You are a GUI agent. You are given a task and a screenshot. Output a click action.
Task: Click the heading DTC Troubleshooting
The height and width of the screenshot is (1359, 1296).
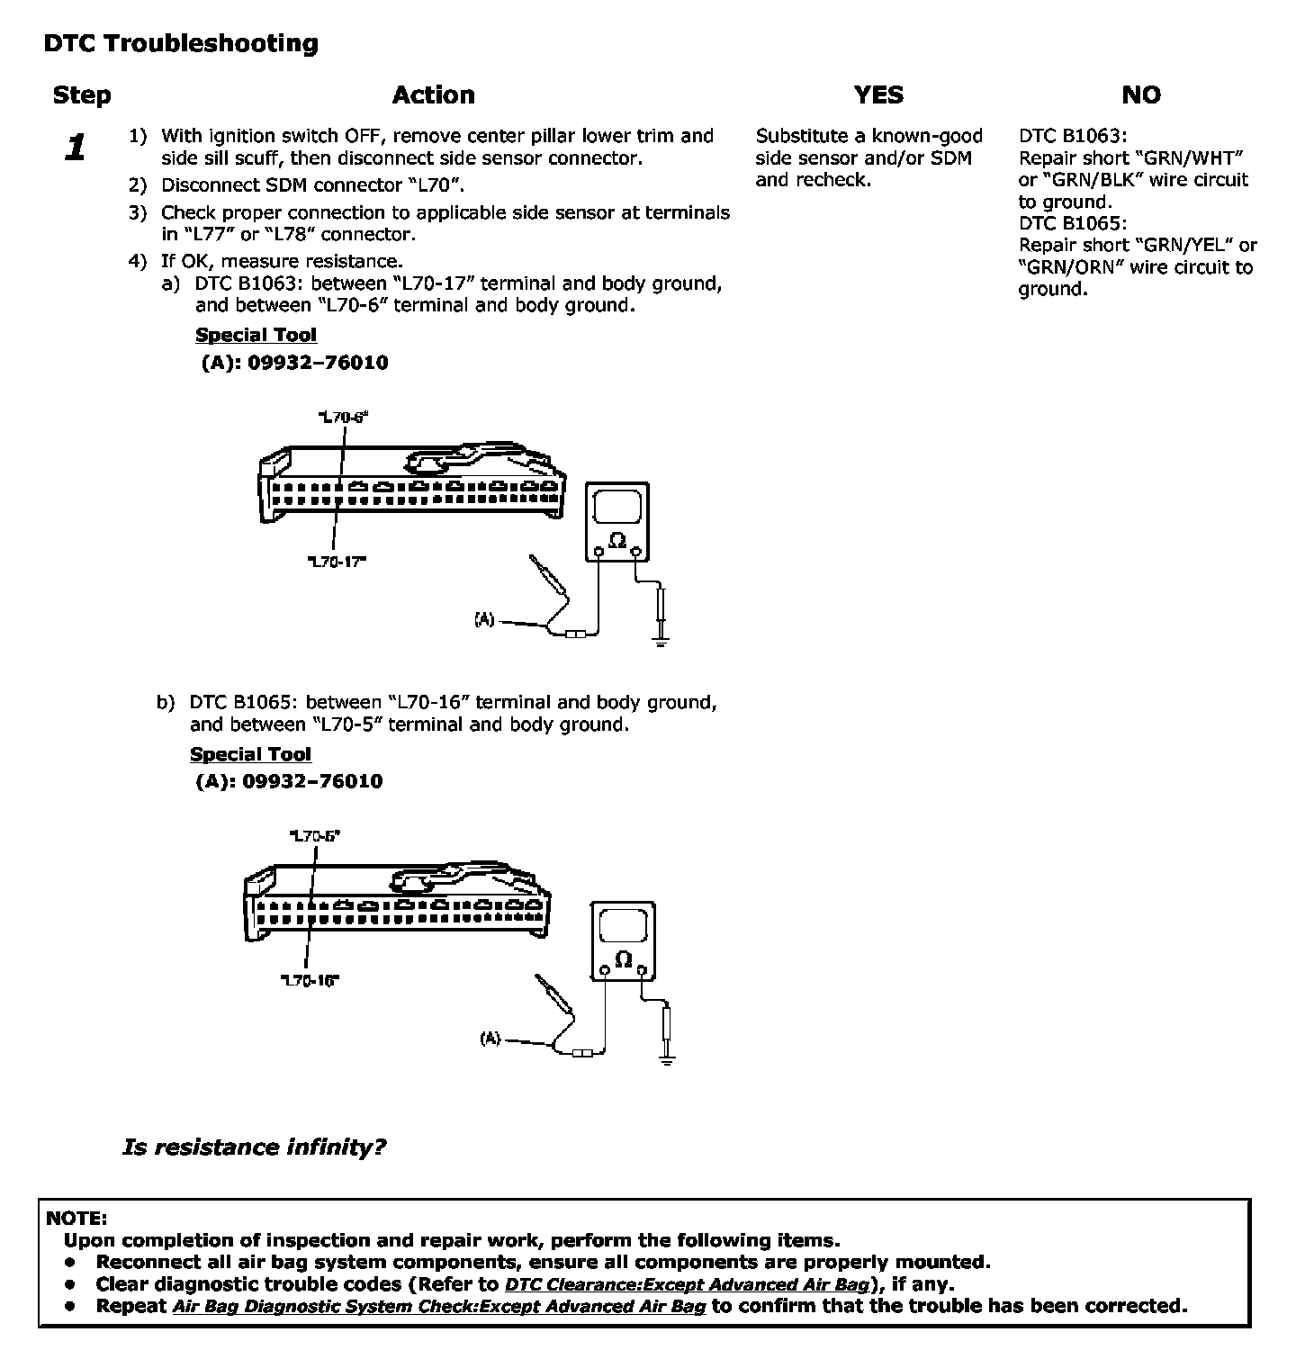click(181, 43)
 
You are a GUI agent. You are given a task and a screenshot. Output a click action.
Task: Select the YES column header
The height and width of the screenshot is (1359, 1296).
click(878, 94)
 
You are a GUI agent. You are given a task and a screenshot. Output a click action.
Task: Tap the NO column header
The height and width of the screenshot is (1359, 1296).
click(1141, 94)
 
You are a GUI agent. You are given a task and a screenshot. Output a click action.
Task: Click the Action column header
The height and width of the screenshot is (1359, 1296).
click(433, 94)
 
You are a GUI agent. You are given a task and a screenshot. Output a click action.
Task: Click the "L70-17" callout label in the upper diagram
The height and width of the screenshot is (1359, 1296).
click(337, 562)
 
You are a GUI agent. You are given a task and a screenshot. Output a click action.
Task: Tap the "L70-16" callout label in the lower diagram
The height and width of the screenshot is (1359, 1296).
click(310, 981)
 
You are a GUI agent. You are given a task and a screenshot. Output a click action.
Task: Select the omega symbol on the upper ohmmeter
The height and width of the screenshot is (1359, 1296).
click(617, 540)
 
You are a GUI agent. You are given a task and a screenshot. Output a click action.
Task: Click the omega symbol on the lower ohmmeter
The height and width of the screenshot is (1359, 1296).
click(623, 959)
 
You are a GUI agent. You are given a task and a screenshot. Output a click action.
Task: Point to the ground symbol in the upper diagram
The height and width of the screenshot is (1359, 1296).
click(661, 642)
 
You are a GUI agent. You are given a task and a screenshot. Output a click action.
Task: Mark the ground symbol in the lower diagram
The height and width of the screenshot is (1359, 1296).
click(667, 1060)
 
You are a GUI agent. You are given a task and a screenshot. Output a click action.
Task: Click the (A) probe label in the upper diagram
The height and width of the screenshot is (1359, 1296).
click(484, 619)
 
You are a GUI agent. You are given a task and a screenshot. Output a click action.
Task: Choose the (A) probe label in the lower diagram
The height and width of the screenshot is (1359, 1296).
click(490, 1039)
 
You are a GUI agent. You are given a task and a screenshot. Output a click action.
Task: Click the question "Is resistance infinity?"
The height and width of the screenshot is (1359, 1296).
click(254, 1147)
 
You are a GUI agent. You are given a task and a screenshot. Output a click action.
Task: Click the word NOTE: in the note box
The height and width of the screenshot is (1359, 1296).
click(76, 1219)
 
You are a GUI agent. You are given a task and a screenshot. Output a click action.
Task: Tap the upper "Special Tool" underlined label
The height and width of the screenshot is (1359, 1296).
click(256, 335)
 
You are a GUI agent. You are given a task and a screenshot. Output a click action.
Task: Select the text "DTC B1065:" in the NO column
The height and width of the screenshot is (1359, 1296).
click(1072, 223)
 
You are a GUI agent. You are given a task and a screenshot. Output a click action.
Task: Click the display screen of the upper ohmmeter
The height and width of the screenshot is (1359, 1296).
click(617, 507)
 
